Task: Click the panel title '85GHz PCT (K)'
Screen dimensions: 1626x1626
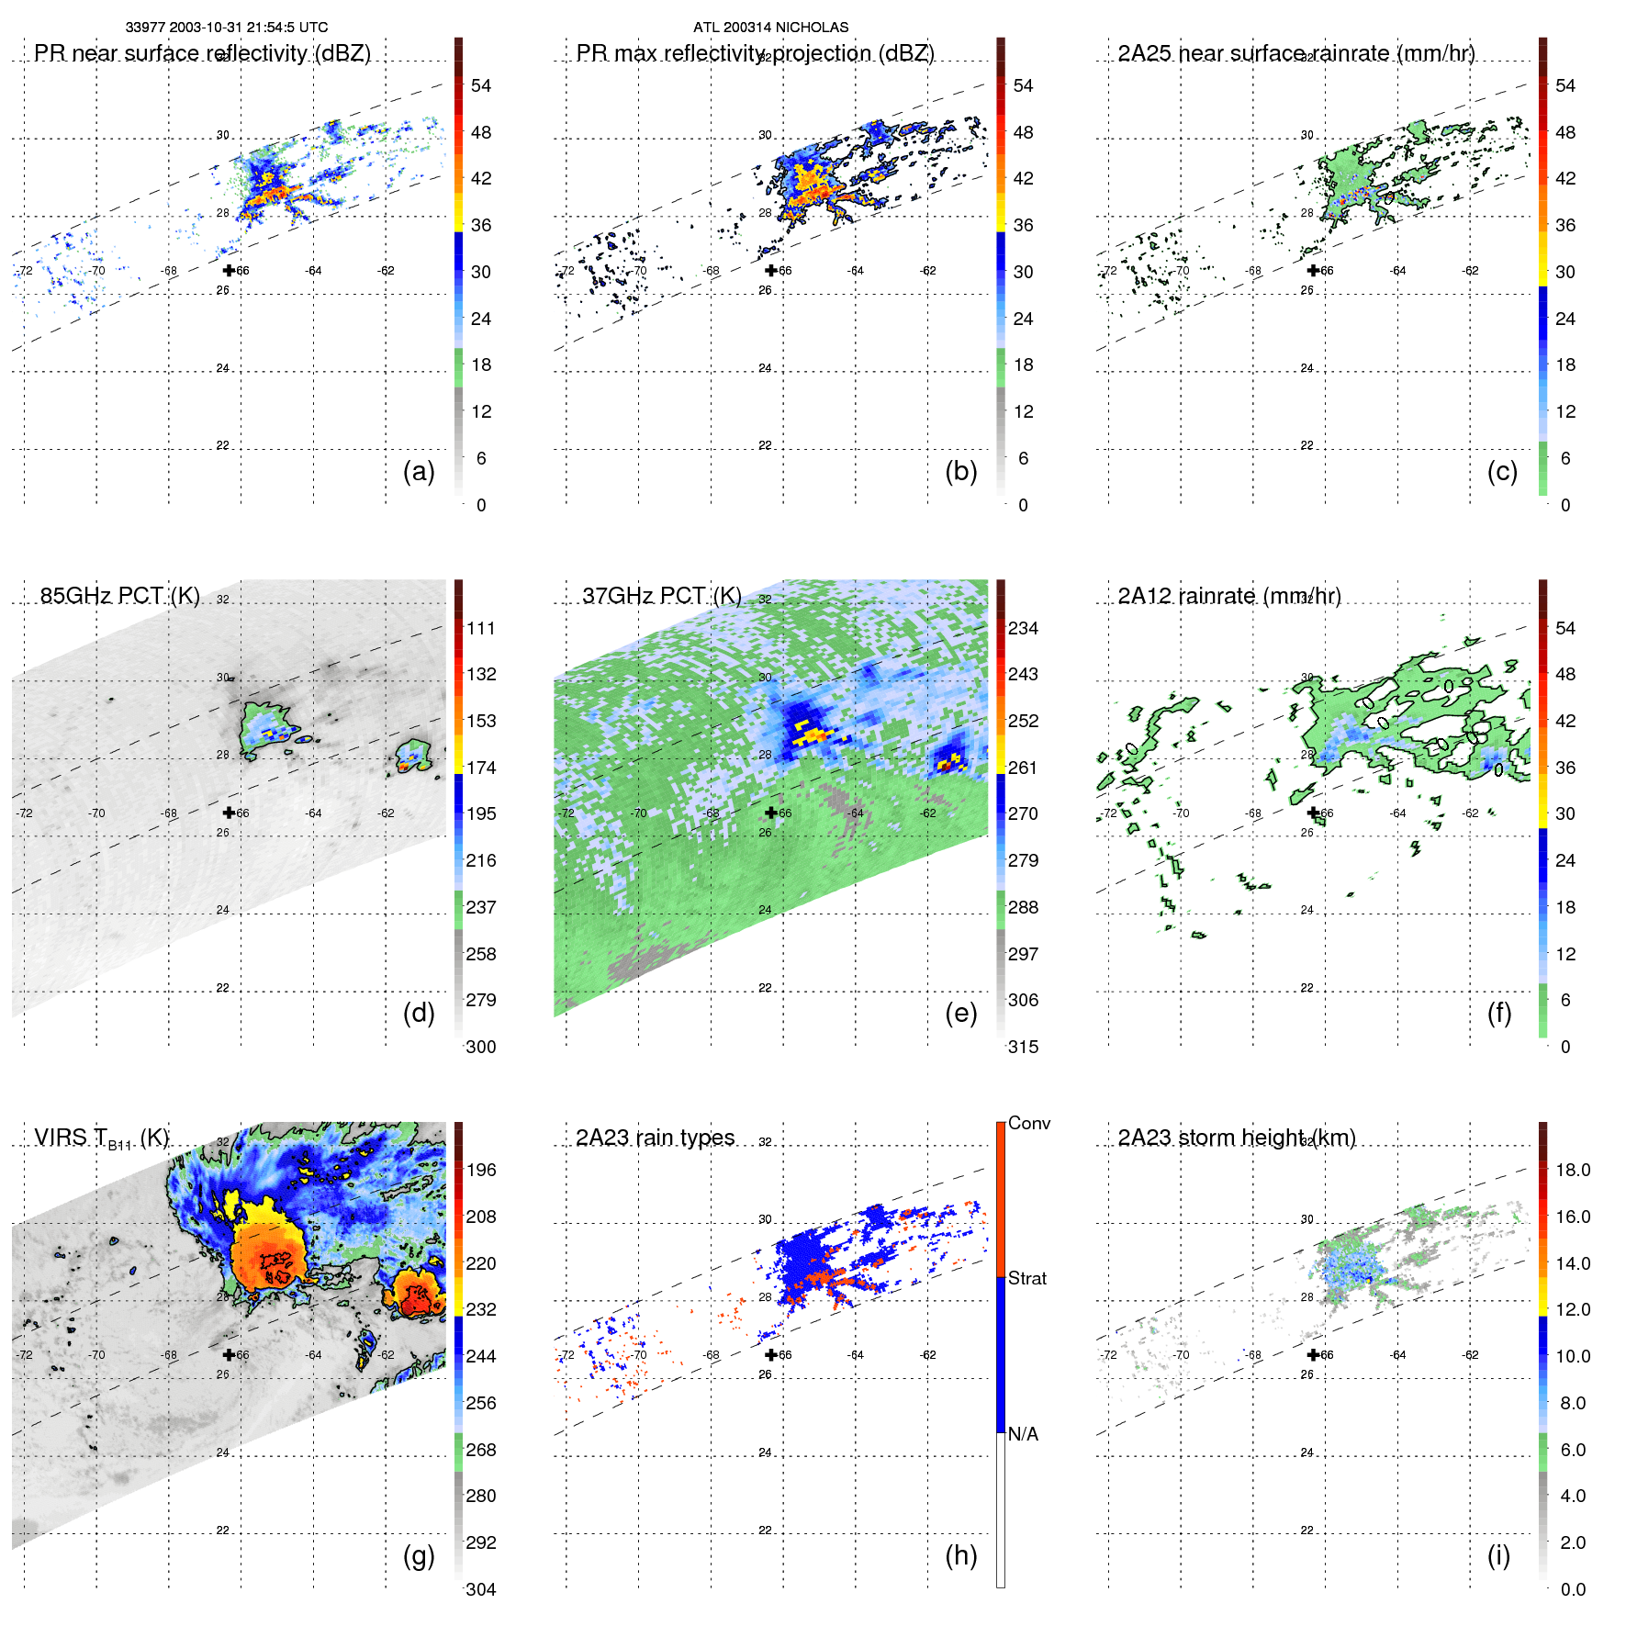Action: [x=119, y=596]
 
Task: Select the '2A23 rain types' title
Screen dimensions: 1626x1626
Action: [x=655, y=1138]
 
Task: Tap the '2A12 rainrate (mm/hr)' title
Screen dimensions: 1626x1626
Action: [x=1228, y=596]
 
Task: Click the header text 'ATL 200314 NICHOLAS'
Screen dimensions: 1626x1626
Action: [x=770, y=28]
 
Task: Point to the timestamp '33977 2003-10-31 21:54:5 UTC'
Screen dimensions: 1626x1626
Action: [x=226, y=28]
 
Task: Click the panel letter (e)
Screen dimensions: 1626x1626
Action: [x=960, y=1013]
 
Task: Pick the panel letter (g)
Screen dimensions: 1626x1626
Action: [x=419, y=1555]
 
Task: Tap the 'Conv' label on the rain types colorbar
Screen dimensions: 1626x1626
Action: [x=1028, y=1123]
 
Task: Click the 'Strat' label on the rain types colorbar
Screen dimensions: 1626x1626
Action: [x=1026, y=1278]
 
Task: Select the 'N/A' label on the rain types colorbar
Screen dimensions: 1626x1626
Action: [x=1023, y=1434]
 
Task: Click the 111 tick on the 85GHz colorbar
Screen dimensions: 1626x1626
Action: [x=481, y=628]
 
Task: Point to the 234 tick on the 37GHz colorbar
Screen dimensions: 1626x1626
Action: [x=1023, y=628]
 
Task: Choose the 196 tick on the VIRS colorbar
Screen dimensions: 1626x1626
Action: [x=481, y=1170]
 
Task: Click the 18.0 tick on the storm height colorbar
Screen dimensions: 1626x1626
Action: [x=1573, y=1170]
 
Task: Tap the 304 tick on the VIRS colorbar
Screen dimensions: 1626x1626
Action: [x=481, y=1589]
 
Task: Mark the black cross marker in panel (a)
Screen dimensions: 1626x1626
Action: [x=229, y=270]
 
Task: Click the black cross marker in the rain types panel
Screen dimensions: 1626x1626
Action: [x=771, y=1354]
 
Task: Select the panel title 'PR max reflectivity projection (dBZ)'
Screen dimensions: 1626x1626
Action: [x=755, y=53]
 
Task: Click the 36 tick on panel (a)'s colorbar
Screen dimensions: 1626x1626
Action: [x=481, y=225]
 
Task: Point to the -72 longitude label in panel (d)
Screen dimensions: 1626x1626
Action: [x=25, y=813]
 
